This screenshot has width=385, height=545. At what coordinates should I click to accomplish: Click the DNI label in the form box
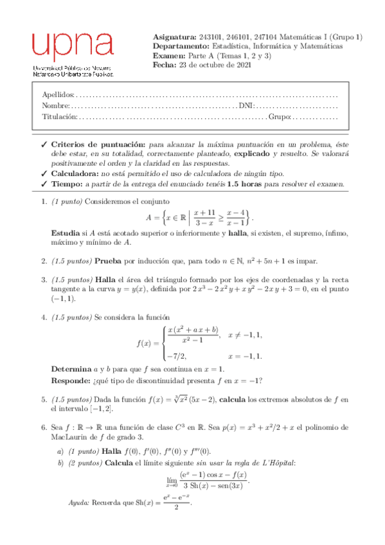coord(246,105)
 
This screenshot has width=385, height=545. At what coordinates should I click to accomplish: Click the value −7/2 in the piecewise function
coord(175,355)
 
